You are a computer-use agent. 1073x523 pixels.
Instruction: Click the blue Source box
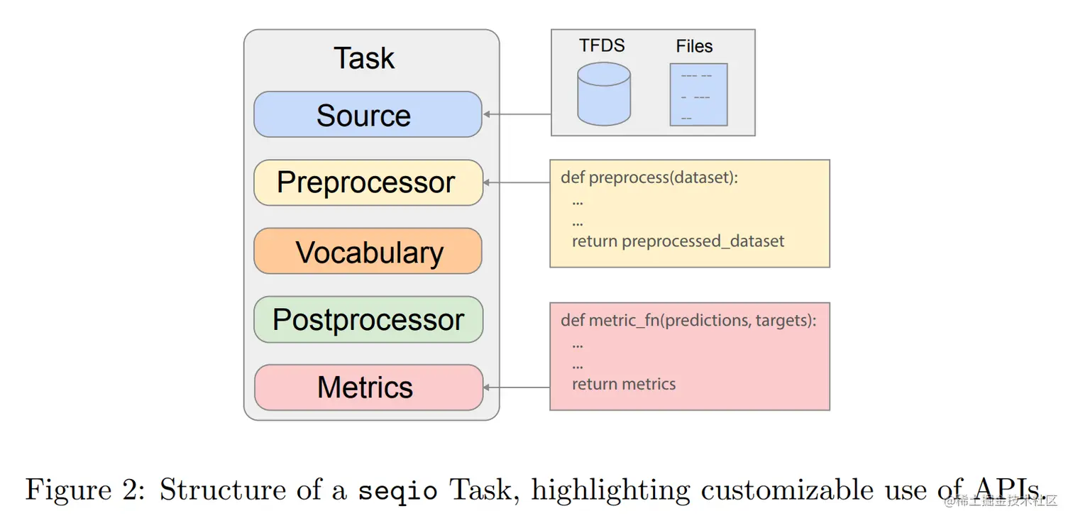click(368, 114)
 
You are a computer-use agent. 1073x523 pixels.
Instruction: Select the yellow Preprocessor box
click(368, 182)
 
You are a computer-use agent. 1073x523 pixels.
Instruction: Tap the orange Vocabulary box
click(368, 251)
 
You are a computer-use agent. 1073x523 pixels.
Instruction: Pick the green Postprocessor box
click(368, 319)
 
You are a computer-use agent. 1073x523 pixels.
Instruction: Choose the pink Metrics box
click(368, 387)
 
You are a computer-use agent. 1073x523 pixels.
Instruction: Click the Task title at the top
click(364, 58)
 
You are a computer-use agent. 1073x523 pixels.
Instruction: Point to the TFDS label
click(602, 45)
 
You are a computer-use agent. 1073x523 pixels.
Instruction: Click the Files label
click(694, 46)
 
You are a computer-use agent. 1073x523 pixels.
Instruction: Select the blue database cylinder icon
click(603, 94)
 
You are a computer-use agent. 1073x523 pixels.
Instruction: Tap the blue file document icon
click(698, 95)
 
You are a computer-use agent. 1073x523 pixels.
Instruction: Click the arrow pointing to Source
click(517, 114)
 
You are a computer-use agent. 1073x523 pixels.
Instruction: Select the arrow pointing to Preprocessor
click(517, 182)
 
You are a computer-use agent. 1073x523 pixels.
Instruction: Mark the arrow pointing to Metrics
click(517, 387)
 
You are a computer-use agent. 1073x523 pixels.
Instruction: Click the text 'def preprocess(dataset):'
click(649, 177)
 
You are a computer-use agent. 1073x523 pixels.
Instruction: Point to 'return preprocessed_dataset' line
click(678, 241)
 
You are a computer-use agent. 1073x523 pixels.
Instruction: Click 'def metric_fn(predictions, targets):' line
click(688, 321)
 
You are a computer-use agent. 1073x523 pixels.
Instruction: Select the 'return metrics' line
click(624, 384)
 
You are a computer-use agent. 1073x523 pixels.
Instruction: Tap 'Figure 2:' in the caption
click(84, 490)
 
